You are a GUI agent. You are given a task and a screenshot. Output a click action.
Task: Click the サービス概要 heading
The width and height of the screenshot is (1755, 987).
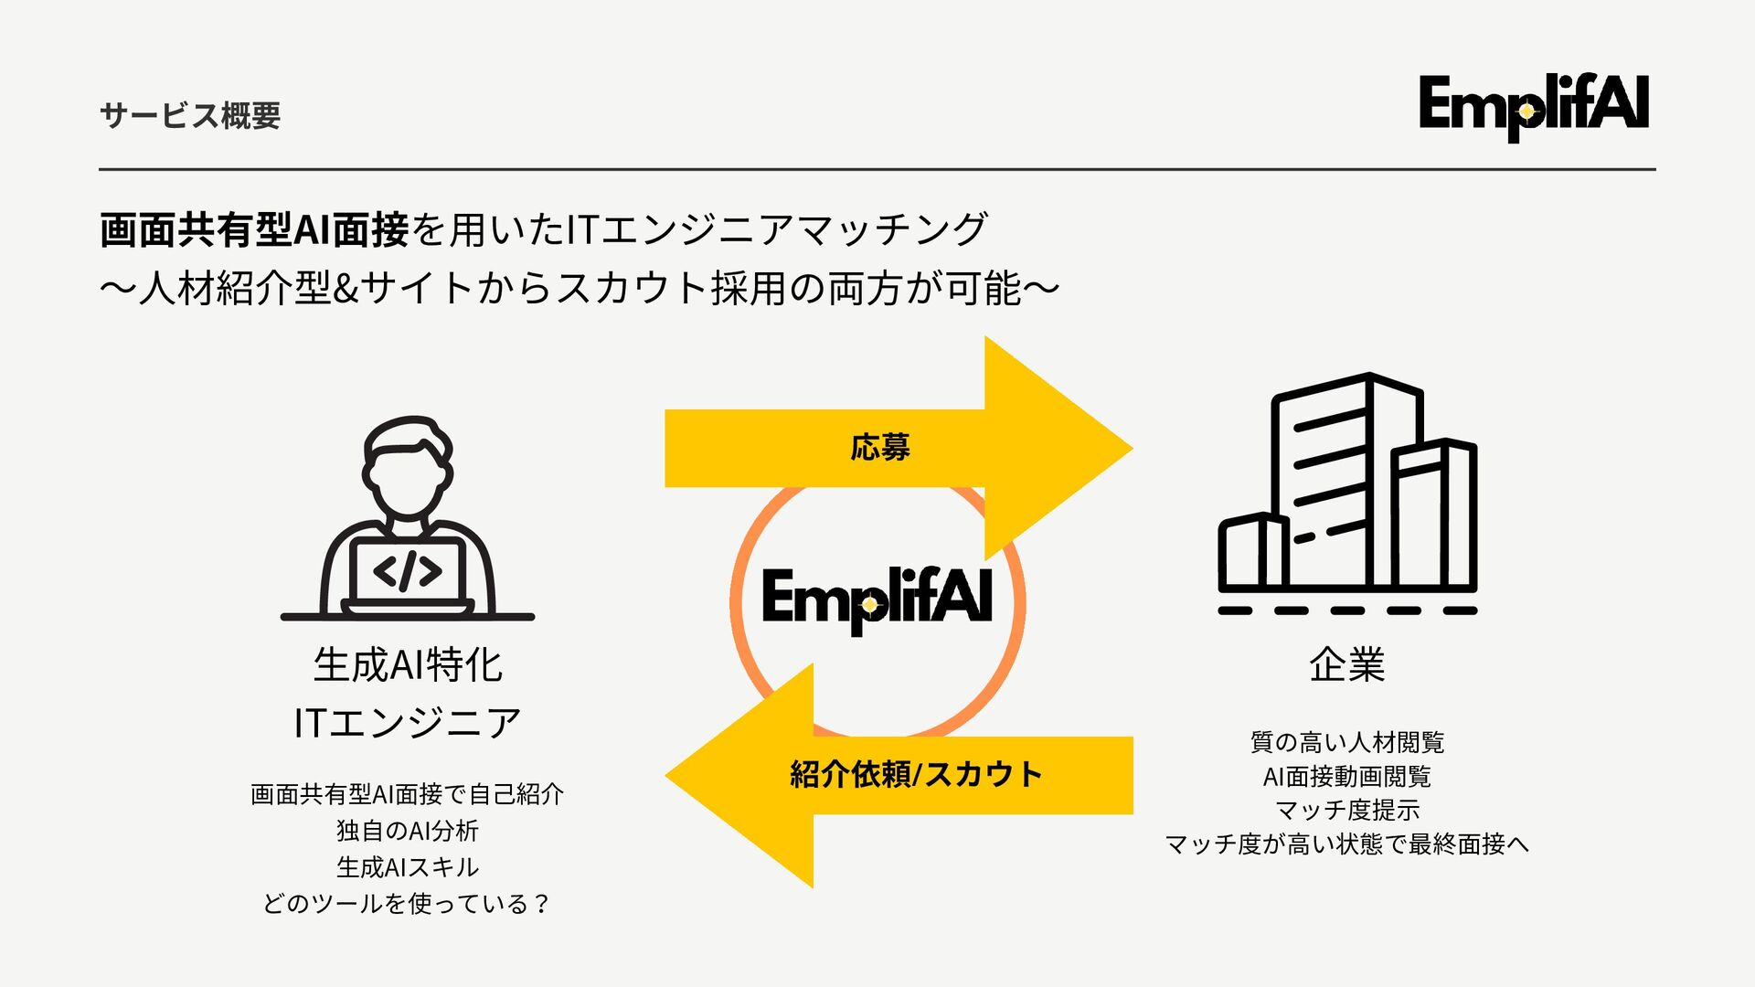click(x=190, y=116)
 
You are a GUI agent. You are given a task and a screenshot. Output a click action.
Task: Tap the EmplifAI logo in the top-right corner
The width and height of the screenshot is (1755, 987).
click(x=1533, y=106)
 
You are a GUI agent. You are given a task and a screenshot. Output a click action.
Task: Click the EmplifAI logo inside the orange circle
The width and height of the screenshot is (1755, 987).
click(x=877, y=600)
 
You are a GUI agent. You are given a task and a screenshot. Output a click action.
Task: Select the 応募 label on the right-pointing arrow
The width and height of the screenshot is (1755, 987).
click(x=879, y=448)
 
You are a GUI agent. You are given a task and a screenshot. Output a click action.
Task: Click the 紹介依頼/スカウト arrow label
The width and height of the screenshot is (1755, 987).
click(x=916, y=775)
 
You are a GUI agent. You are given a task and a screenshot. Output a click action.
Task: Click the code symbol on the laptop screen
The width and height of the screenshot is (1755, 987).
click(x=408, y=571)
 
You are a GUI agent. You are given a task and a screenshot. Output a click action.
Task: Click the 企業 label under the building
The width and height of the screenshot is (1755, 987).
click(x=1346, y=664)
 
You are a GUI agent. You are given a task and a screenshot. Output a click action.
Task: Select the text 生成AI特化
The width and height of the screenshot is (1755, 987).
click(x=408, y=664)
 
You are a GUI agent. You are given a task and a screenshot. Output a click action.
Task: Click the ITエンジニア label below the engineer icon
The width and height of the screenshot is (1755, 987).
click(x=408, y=723)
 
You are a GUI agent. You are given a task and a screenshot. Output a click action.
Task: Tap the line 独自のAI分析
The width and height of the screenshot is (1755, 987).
click(x=408, y=831)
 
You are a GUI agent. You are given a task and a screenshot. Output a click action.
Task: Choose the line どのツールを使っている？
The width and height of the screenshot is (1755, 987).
click(x=408, y=904)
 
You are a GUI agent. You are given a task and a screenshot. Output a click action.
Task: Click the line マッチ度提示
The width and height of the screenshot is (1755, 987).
click(x=1346, y=810)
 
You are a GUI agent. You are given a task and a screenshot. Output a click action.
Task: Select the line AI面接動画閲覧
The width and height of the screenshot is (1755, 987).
click(x=1346, y=777)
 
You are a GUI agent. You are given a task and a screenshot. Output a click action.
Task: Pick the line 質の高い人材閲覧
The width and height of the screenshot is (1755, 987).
click(x=1346, y=742)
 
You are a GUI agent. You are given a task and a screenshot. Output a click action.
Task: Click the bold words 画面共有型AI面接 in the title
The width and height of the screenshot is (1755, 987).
click(x=254, y=229)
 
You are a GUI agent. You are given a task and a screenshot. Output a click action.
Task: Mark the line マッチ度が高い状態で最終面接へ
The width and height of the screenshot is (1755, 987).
click(x=1346, y=844)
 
